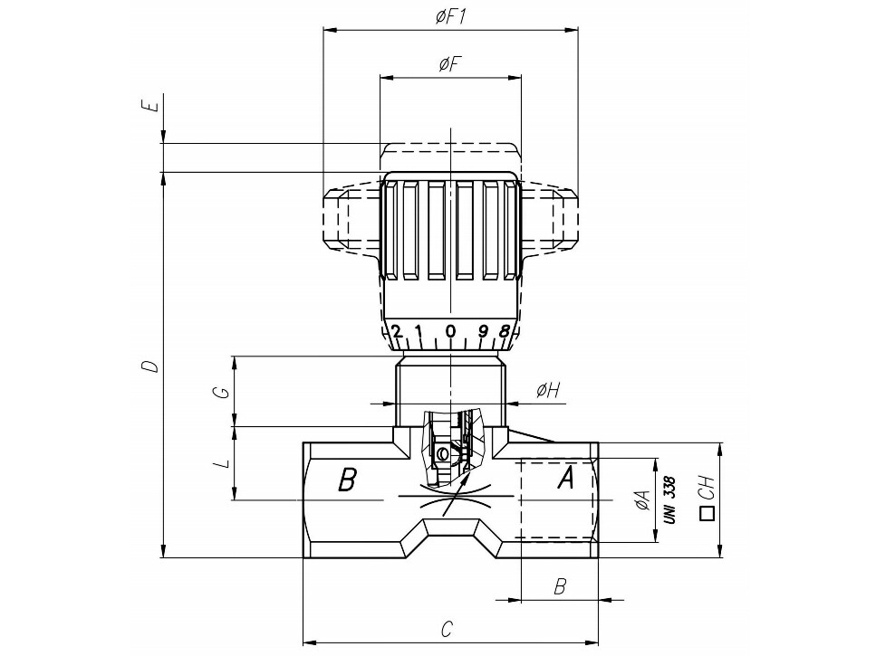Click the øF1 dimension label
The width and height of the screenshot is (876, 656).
[451, 16]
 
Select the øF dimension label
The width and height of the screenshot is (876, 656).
[450, 65]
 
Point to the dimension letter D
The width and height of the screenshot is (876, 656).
[149, 366]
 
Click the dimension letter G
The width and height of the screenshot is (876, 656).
[224, 392]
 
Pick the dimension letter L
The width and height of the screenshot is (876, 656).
[224, 462]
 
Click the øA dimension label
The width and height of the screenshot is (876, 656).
[643, 500]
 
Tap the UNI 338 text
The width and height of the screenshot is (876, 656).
[669, 499]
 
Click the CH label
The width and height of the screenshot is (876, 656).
[707, 488]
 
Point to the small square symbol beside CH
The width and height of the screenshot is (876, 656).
[708, 514]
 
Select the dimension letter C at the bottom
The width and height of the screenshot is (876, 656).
[447, 629]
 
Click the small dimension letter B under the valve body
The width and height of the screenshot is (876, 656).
[560, 587]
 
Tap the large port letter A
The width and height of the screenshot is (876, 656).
[566, 478]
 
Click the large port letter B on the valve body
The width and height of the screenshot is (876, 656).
[347, 480]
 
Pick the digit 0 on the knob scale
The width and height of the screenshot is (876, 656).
[450, 331]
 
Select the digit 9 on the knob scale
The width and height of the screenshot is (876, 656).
[483, 331]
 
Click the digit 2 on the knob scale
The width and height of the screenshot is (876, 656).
[397, 331]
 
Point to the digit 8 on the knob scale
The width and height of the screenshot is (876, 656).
[504, 331]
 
